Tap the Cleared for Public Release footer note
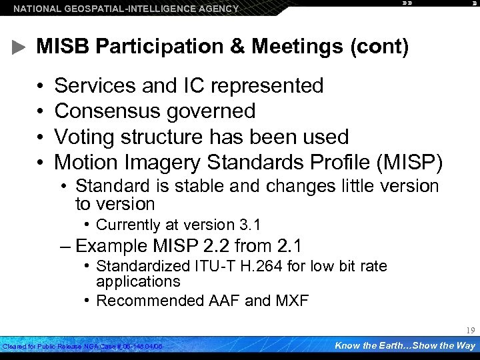pos(83,347)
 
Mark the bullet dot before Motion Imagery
pos(41,162)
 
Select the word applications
pos(138,281)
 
